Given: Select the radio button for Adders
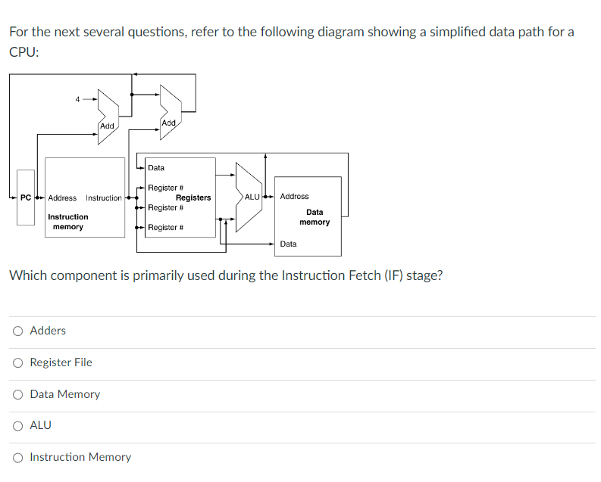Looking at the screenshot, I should click(x=17, y=331).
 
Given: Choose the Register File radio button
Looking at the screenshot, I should click(x=17, y=362).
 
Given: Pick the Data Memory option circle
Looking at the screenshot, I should click(x=17, y=394).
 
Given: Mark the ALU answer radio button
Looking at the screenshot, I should click(x=17, y=425).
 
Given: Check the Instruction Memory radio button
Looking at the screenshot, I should click(x=17, y=457).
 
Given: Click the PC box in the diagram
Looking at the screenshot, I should click(x=26, y=197).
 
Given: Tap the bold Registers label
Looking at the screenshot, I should click(x=193, y=197).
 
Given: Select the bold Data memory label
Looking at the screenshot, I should click(x=315, y=217).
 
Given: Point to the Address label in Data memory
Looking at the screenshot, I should click(x=294, y=197).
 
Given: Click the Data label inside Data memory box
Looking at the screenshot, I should click(x=288, y=244).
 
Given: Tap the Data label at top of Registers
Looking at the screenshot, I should click(x=156, y=168).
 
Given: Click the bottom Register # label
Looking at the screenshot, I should click(x=163, y=227).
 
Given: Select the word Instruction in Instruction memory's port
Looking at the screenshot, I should click(x=103, y=198).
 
